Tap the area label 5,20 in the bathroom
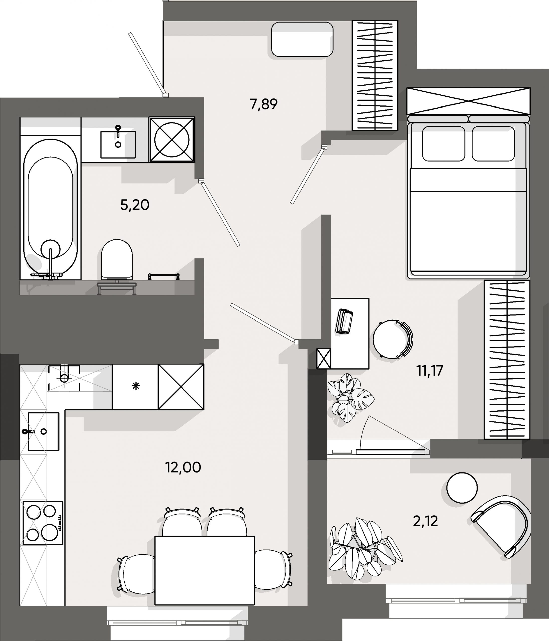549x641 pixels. [135, 205]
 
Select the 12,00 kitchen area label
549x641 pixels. [183, 467]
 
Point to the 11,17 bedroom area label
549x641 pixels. [429, 371]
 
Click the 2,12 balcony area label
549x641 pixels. [425, 521]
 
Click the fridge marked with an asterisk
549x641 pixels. [135, 386]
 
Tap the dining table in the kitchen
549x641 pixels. [204, 570]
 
